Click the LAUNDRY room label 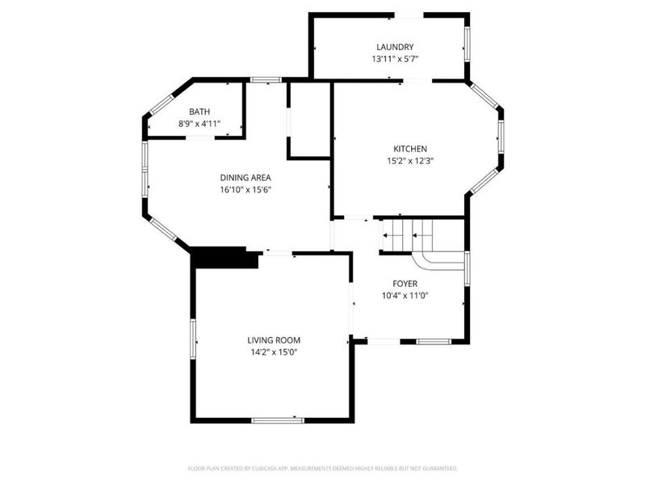[395, 47]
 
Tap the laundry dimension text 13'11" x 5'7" [395, 59]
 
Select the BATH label [199, 112]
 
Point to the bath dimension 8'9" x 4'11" [199, 124]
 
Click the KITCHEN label [410, 149]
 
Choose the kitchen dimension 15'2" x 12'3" [410, 161]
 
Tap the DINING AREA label [245, 178]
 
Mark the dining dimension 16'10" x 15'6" [245, 190]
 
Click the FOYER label [405, 284]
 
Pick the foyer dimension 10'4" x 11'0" [405, 295]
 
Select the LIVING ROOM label [274, 340]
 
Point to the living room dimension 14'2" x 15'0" [274, 352]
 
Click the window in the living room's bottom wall [278, 420]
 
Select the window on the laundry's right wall [468, 44]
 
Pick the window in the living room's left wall [192, 339]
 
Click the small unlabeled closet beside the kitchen [309, 120]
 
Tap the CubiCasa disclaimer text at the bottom [322, 469]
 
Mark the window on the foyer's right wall [468, 268]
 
